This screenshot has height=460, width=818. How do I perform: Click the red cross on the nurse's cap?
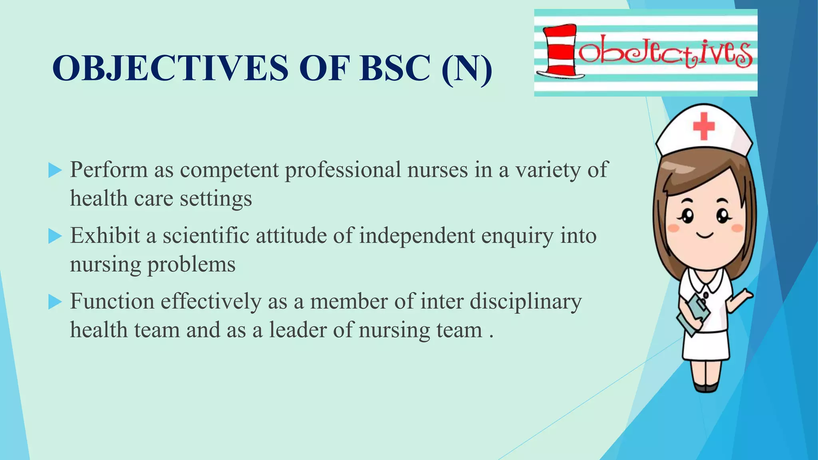point(703,126)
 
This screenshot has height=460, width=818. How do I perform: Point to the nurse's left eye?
point(687,216)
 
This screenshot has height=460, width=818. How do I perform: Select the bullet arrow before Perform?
point(55,171)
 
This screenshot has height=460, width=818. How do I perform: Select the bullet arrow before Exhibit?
point(55,236)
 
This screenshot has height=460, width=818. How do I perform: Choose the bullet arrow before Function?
point(55,302)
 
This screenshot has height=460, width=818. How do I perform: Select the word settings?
point(216,198)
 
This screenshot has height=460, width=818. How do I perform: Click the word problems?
point(191,264)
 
